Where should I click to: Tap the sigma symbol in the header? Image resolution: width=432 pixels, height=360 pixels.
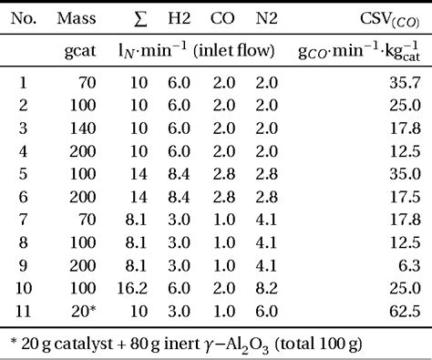[140, 17]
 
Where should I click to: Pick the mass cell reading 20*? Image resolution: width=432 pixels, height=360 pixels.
[85, 313]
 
